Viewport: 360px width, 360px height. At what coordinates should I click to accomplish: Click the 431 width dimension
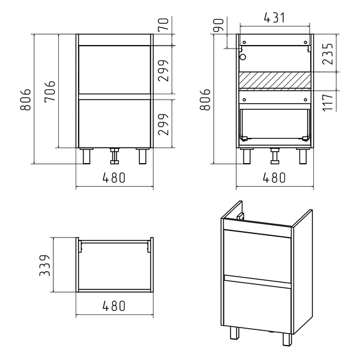pyautogui.click(x=274, y=18)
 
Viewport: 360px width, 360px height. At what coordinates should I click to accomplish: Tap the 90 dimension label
pyautogui.click(x=218, y=25)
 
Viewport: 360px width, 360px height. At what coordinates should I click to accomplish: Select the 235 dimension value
pyautogui.click(x=328, y=54)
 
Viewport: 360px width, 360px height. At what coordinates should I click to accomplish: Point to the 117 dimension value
pyautogui.click(x=328, y=103)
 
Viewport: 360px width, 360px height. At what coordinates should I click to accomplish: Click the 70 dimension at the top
pyautogui.click(x=164, y=24)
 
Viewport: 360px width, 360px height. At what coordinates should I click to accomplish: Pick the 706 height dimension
pyautogui.click(x=50, y=91)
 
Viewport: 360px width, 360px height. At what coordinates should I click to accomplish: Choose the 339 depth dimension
pyautogui.click(x=45, y=265)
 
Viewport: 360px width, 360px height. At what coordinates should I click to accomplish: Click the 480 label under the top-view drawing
pyautogui.click(x=114, y=306)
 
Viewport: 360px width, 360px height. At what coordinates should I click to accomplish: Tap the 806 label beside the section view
pyautogui.click(x=205, y=99)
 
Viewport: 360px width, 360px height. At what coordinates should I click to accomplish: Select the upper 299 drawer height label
pyautogui.click(x=164, y=71)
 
